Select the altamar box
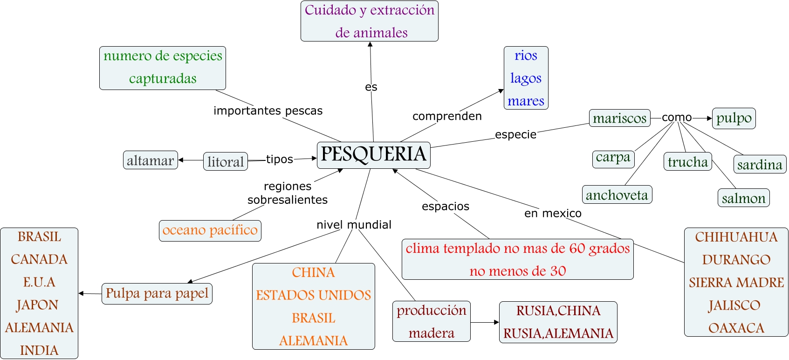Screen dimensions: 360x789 (x=150, y=160)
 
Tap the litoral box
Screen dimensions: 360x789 (x=226, y=161)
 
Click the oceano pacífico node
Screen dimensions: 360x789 (x=210, y=230)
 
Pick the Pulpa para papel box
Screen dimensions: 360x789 (x=157, y=294)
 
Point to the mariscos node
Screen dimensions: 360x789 (x=619, y=118)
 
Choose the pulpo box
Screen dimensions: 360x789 (x=734, y=118)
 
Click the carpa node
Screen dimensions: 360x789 (x=613, y=158)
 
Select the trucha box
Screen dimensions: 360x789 (x=687, y=162)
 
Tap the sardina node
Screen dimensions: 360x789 (x=760, y=164)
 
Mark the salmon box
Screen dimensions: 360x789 (x=743, y=198)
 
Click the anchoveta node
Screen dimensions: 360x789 (x=617, y=194)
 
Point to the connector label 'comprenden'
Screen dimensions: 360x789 (x=447, y=116)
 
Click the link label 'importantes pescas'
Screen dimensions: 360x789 (x=268, y=111)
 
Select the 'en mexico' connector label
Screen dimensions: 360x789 (x=553, y=214)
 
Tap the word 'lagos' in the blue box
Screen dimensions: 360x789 (x=526, y=78)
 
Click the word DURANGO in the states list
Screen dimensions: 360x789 (x=736, y=260)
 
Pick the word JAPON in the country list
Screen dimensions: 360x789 (x=38, y=305)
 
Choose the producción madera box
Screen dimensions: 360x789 (x=431, y=322)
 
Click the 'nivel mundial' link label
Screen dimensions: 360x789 (x=354, y=225)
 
